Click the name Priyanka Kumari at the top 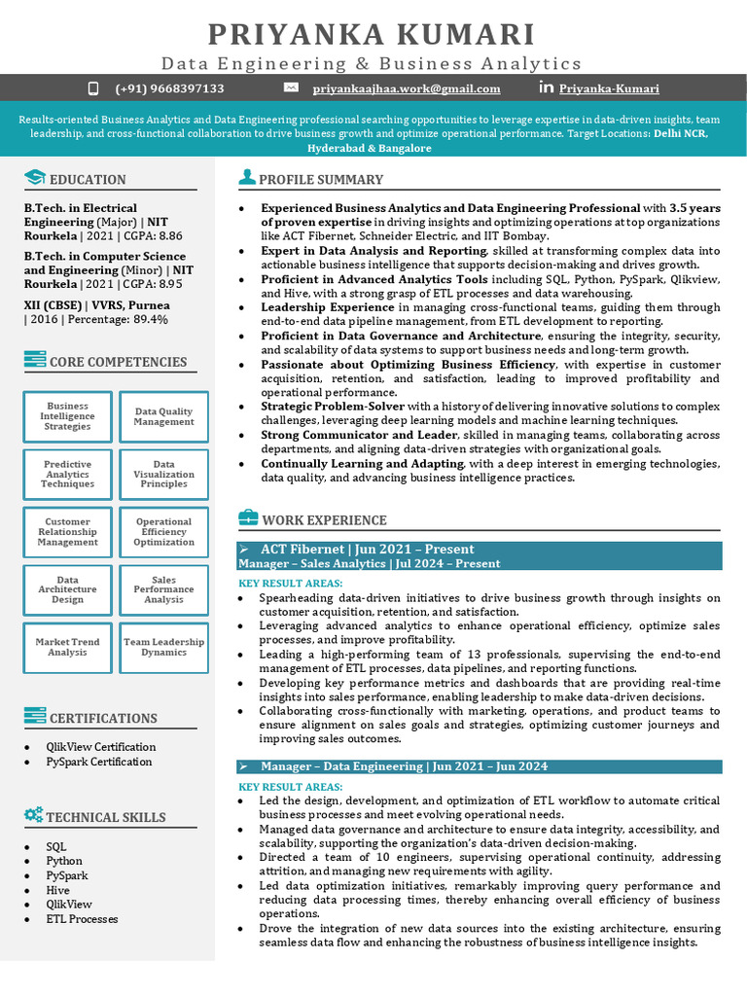click(x=373, y=34)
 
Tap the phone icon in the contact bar click(x=93, y=89)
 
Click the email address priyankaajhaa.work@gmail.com click(x=406, y=89)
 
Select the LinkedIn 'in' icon click(x=546, y=89)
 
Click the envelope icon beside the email click(x=290, y=88)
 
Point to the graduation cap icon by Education click(x=35, y=178)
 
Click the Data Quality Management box click(x=163, y=417)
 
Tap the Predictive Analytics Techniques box click(x=68, y=475)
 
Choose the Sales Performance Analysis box click(x=163, y=589)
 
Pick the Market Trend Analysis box click(x=68, y=647)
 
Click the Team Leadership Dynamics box click(x=163, y=647)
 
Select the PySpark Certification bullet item click(x=99, y=762)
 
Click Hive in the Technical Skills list click(x=57, y=890)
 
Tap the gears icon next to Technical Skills click(x=34, y=815)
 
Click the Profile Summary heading click(x=321, y=179)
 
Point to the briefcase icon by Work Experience click(x=248, y=518)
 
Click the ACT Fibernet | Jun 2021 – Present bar click(x=480, y=550)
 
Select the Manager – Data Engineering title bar click(x=480, y=766)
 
